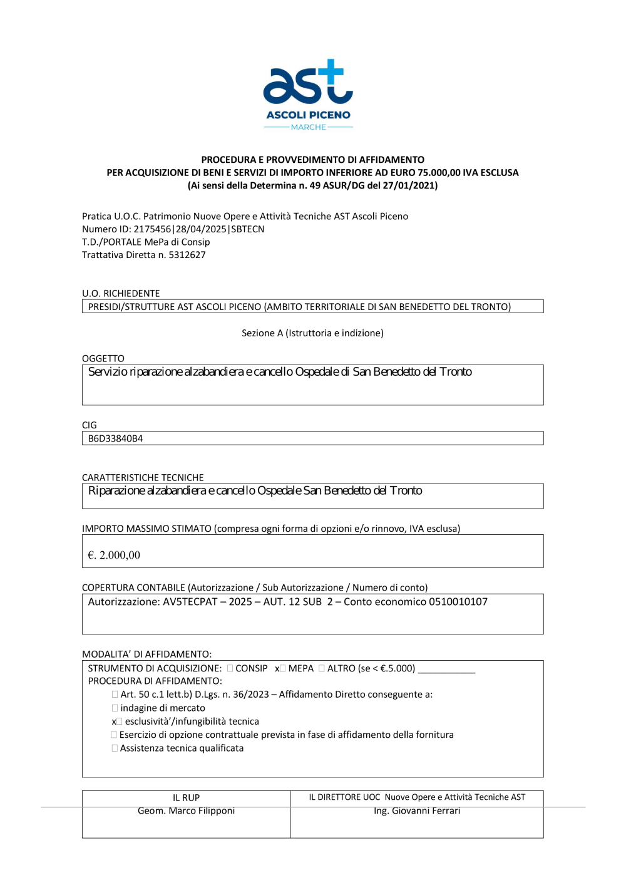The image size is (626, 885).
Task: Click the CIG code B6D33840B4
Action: tap(115, 438)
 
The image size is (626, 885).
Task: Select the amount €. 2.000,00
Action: tap(114, 555)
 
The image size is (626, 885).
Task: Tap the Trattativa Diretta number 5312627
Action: tap(187, 255)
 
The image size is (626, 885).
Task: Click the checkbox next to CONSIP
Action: tap(230, 668)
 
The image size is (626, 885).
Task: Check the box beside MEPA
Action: tap(282, 668)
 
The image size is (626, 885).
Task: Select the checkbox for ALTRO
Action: tap(322, 668)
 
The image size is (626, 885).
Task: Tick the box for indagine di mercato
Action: tap(115, 708)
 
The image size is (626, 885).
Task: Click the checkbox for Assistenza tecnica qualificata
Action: tap(115, 748)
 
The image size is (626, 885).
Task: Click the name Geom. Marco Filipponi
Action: tap(186, 810)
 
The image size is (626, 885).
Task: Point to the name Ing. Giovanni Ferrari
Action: tap(417, 810)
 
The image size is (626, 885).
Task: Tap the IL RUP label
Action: tap(186, 797)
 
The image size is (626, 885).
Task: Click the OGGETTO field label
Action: tap(103, 358)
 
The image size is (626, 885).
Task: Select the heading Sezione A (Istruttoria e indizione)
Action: tap(312, 333)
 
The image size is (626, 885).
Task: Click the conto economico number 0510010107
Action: tap(458, 602)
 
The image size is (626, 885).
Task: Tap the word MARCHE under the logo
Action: tap(308, 127)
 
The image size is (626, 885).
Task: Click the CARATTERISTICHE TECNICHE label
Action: tap(143, 477)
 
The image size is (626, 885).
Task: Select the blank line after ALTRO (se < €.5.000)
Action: tap(446, 670)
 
